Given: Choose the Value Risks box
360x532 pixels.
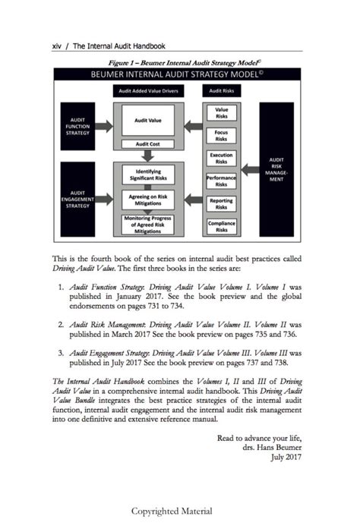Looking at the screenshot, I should pos(221,114).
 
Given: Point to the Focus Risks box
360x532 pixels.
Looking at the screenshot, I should pos(221,136).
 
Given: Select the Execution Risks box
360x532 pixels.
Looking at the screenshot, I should pos(221,158).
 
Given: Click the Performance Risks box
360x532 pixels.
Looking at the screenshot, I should pos(221,181).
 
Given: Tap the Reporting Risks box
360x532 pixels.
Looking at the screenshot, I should pos(221,203).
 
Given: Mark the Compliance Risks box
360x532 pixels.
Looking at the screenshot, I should pos(221,225).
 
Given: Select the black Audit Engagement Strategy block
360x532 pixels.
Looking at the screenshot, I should pos(77,199).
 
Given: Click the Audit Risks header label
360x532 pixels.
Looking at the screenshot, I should pos(221,91).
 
